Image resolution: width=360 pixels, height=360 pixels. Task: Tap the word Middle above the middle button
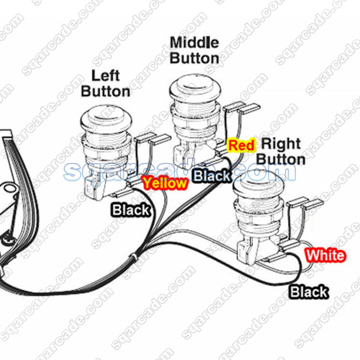pyautogui.click(x=194, y=43)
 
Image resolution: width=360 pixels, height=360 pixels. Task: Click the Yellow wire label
pyautogui.click(x=164, y=183)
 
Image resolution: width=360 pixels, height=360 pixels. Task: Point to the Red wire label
pyautogui.click(x=241, y=145)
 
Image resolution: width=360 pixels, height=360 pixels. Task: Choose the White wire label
pyautogui.click(x=325, y=256)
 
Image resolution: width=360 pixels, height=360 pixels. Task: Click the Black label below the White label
pyautogui.click(x=309, y=292)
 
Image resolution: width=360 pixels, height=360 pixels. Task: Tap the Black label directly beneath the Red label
pyautogui.click(x=212, y=176)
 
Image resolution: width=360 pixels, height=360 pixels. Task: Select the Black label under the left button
pyautogui.click(x=131, y=210)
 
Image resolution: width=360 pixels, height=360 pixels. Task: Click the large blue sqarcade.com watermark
pyautogui.click(x=180, y=171)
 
